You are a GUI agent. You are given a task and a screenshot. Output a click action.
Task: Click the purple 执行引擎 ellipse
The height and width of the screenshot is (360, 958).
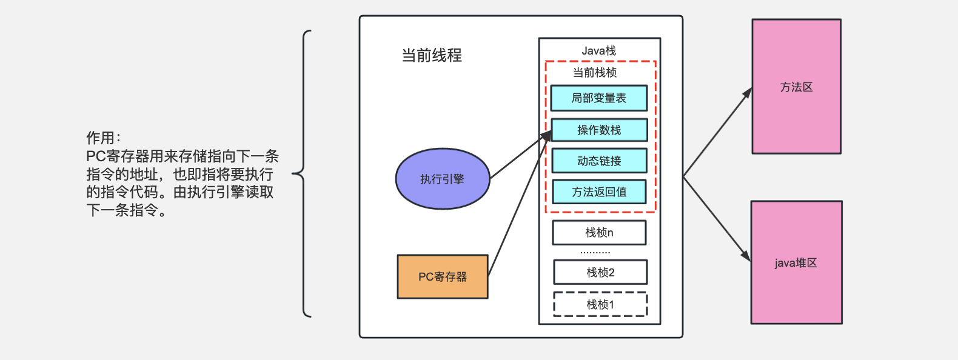442,179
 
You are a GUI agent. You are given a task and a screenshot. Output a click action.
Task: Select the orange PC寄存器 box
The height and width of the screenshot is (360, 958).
443,276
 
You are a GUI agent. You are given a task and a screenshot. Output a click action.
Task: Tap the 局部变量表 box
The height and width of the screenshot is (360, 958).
598,98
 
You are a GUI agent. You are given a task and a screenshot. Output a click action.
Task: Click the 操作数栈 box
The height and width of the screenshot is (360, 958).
598,130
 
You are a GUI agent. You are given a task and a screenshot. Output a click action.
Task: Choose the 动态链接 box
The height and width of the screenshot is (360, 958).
598,161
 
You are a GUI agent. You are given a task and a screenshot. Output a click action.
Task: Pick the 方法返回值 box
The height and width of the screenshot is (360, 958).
598,192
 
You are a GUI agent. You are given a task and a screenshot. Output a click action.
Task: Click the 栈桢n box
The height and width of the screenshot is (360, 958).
598,232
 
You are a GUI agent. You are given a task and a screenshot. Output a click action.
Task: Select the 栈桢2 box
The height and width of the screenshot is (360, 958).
600,272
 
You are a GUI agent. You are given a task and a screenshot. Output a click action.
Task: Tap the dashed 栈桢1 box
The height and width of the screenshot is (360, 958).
600,304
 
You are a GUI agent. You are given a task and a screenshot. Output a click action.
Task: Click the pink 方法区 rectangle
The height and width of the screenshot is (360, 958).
796,87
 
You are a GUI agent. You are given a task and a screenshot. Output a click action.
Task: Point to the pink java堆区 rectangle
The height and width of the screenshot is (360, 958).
796,262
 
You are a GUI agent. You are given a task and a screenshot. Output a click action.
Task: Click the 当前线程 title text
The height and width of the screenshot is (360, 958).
431,56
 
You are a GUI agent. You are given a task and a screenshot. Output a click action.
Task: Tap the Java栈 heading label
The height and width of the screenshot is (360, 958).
598,51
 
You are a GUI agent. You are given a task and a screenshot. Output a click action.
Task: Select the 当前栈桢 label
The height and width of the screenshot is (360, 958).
594,73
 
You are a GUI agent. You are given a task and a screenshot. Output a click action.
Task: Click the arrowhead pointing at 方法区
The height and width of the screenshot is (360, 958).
748,93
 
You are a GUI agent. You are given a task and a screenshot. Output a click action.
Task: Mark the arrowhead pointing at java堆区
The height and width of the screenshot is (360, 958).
747,256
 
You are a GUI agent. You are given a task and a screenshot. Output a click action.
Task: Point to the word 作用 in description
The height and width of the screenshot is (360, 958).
101,138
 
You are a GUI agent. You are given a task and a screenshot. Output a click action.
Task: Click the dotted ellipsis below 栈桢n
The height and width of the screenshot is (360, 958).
595,252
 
